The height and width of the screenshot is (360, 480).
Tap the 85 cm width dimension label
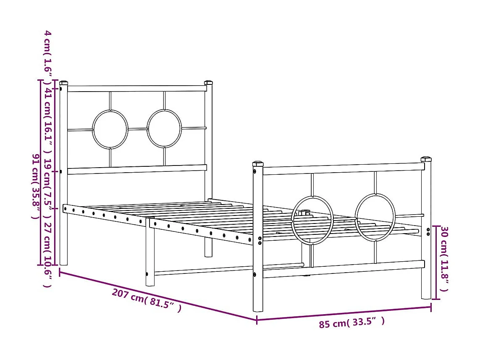[351, 323]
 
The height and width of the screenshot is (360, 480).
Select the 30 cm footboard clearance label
[444, 259]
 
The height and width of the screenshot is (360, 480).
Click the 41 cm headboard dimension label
[48, 122]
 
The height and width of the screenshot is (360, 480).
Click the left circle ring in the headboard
[110, 129]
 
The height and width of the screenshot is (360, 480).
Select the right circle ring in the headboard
[164, 129]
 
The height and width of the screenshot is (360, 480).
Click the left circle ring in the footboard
[312, 220]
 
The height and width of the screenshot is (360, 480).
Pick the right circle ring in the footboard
[375, 217]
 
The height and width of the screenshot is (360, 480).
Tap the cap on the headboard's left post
[63, 83]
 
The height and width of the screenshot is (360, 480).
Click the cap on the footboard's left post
[258, 163]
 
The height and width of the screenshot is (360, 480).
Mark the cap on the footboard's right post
[426, 159]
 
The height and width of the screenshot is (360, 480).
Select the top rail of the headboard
[136, 89]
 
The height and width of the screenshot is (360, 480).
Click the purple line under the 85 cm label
[344, 314]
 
